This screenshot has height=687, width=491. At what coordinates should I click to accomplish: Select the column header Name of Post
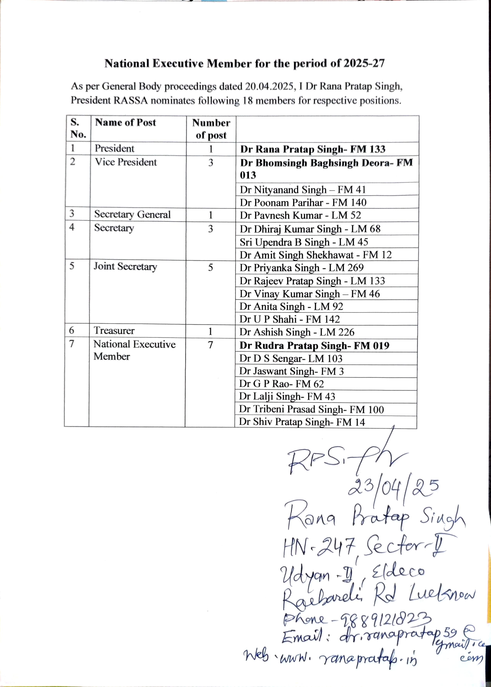coord(126,122)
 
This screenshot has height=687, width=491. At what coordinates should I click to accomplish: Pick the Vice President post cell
coord(126,162)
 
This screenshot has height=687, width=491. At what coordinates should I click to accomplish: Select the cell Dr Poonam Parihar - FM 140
coord(303,202)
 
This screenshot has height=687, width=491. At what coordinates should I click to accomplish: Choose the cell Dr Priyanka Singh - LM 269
coord(301,268)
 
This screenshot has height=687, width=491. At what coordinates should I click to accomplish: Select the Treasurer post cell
coord(114,331)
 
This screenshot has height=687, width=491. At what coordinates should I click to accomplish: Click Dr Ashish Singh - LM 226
coord(297,332)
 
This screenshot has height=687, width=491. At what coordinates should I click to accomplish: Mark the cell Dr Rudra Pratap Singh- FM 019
coord(314,346)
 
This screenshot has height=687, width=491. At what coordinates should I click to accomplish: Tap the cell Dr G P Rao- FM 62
coord(281,384)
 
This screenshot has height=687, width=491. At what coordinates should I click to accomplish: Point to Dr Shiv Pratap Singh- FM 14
coord(302,422)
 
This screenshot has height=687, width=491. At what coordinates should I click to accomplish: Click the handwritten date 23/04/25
coord(393,487)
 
